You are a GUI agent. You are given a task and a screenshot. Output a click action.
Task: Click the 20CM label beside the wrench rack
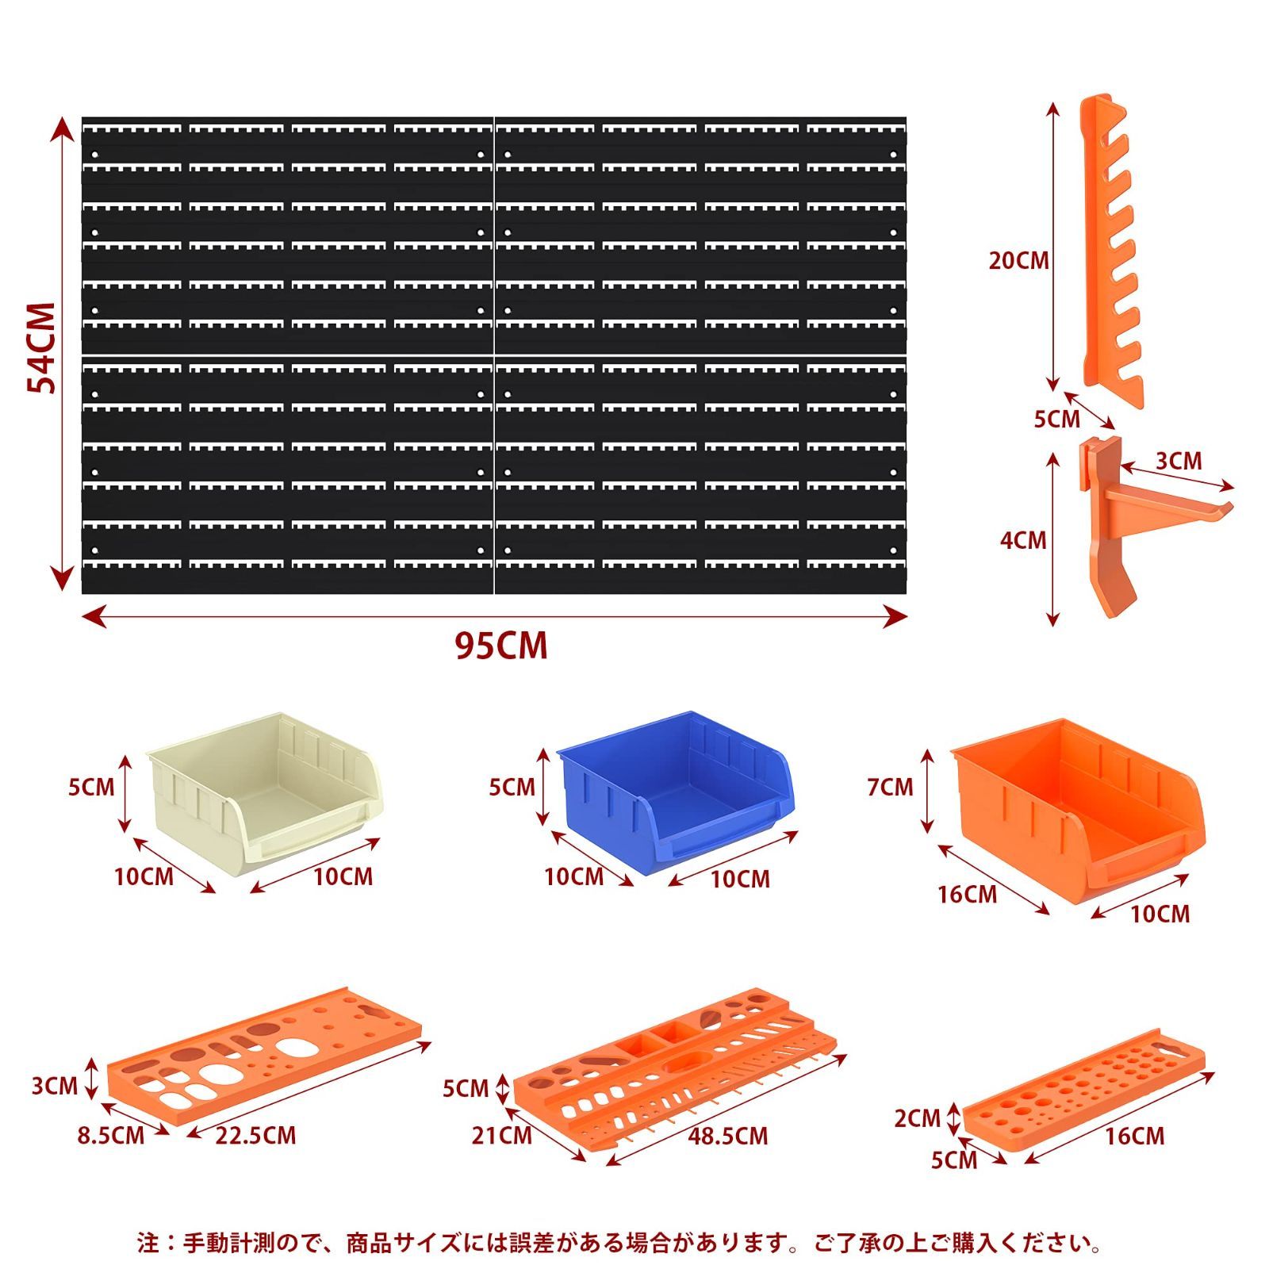1018,260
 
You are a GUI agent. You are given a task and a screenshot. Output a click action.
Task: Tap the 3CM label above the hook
1178,461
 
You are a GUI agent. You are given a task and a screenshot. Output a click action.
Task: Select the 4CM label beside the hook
1023,540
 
